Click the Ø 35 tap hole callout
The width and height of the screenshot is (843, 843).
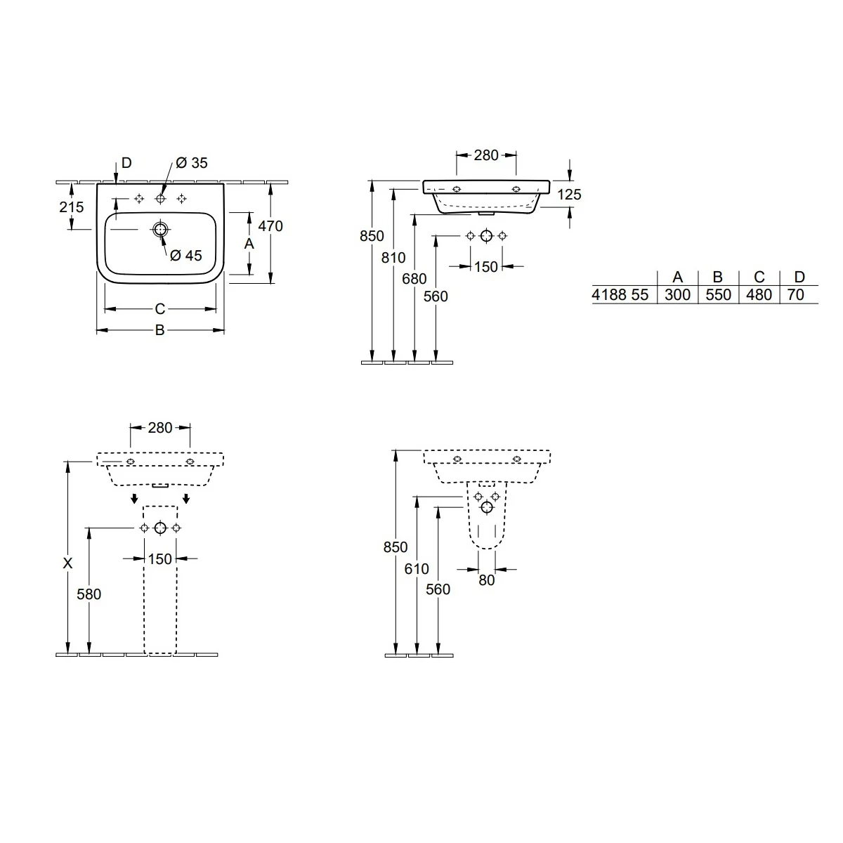pyautogui.click(x=192, y=163)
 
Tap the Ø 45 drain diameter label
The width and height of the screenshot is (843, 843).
pyautogui.click(x=186, y=256)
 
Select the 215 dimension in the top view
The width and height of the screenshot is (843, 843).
pyautogui.click(x=72, y=207)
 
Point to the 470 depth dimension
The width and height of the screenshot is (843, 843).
pyautogui.click(x=270, y=226)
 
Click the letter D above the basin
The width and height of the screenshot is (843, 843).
pyautogui.click(x=126, y=163)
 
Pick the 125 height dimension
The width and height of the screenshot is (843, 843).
pyautogui.click(x=569, y=194)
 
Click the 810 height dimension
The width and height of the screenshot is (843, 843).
pyautogui.click(x=393, y=258)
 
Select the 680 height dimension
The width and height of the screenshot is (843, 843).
pyautogui.click(x=414, y=279)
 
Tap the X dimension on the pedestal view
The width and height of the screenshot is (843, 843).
pyautogui.click(x=67, y=563)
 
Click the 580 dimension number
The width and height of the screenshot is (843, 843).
pyautogui.click(x=89, y=594)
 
